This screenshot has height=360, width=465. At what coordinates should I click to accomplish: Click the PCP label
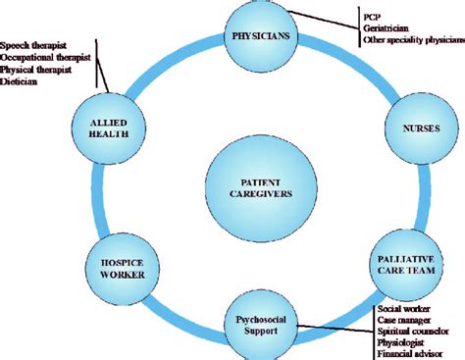[x=370, y=16]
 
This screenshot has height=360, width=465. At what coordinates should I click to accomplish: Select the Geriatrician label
[x=387, y=28]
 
